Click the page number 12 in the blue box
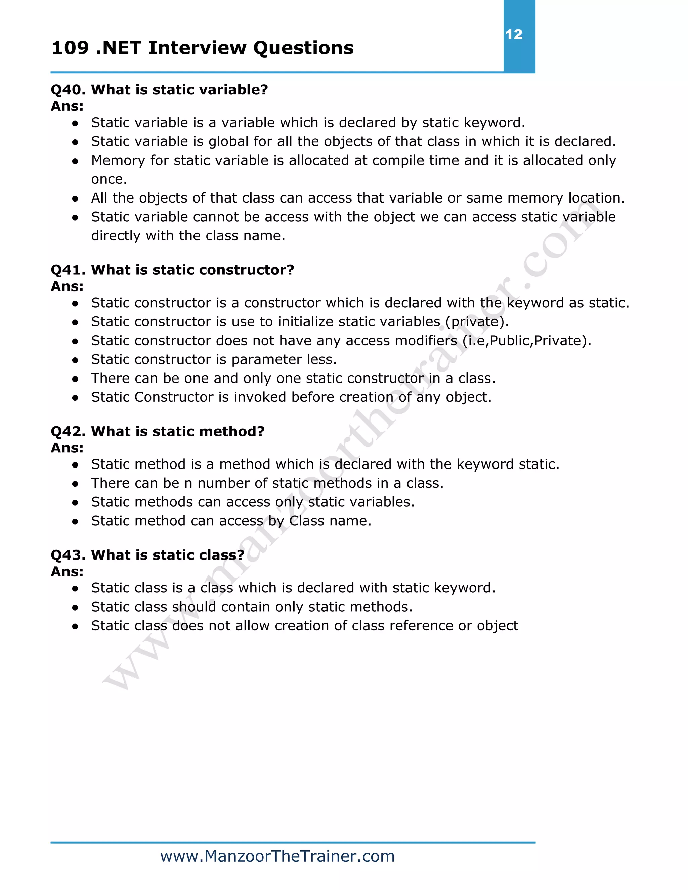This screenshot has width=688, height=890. pyautogui.click(x=514, y=34)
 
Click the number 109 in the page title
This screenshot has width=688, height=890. pyautogui.click(x=70, y=48)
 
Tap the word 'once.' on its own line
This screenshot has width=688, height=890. pyautogui.click(x=109, y=179)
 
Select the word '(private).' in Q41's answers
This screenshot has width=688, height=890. pyautogui.click(x=477, y=322)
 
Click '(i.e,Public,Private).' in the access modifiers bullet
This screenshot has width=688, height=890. pyautogui.click(x=527, y=341)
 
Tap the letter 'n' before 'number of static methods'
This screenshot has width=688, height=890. pyautogui.click(x=188, y=483)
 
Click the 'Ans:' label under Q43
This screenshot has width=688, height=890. pyautogui.click(x=67, y=572)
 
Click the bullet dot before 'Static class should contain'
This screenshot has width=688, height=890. pyautogui.click(x=75, y=608)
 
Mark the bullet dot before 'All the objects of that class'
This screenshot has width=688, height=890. pyautogui.click(x=75, y=199)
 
